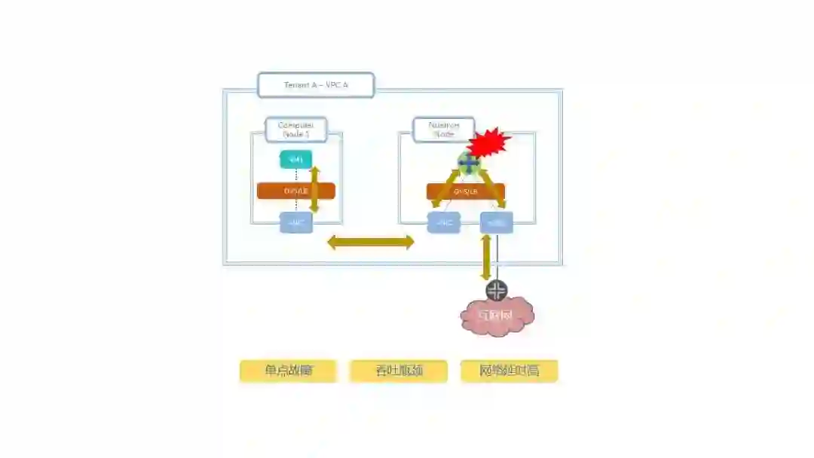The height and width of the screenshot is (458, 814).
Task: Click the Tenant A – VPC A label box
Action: pyautogui.click(x=316, y=85)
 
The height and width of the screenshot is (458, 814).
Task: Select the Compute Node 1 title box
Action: pyautogui.click(x=295, y=130)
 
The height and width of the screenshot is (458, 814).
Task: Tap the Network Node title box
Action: pyautogui.click(x=443, y=130)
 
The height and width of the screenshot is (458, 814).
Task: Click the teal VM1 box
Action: pyautogui.click(x=295, y=160)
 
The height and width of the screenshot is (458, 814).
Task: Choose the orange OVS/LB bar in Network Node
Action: pyautogui.click(x=466, y=191)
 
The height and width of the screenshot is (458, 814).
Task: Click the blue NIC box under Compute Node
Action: pyautogui.click(x=295, y=223)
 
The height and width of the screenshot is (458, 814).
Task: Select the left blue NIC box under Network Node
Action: pyautogui.click(x=443, y=223)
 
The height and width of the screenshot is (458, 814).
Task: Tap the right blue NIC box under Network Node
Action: pyautogui.click(x=497, y=222)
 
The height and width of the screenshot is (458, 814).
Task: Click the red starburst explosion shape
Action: pyautogui.click(x=488, y=141)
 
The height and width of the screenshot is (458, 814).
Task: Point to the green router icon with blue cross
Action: pyautogui.click(x=468, y=162)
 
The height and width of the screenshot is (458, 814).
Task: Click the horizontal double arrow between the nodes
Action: pyautogui.click(x=370, y=243)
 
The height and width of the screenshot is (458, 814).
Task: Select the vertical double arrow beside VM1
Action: pyautogui.click(x=314, y=189)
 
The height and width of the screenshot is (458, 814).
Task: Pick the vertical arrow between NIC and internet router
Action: pyautogui.click(x=486, y=258)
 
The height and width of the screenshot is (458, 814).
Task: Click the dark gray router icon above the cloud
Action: pyautogui.click(x=497, y=291)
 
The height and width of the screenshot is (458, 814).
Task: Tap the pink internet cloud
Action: pyautogui.click(x=497, y=316)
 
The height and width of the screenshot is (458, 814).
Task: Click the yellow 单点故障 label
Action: pyautogui.click(x=288, y=371)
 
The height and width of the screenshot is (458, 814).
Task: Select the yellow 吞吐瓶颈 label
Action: pyautogui.click(x=398, y=371)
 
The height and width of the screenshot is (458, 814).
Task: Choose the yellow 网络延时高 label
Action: pyautogui.click(x=510, y=371)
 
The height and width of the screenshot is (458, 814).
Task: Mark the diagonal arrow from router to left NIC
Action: pyautogui.click(x=445, y=188)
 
